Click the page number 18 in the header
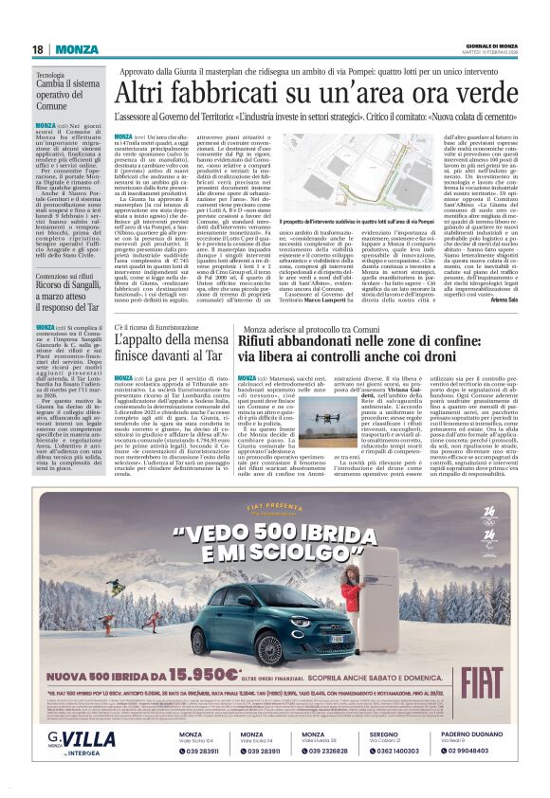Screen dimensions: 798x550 coord(39,49)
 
